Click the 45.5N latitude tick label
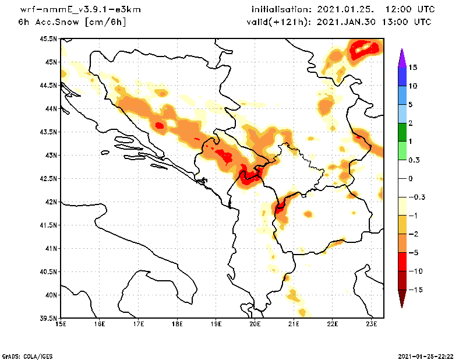point(48,38)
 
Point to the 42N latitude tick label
point(50,202)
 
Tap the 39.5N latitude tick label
point(48,318)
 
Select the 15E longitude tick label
point(60,324)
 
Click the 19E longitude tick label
point(216,324)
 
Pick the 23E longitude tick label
point(372,324)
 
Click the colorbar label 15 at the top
point(412,67)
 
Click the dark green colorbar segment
point(401,132)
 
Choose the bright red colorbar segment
point(401,262)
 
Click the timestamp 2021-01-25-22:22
point(429,355)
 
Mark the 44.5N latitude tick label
point(48,85)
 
